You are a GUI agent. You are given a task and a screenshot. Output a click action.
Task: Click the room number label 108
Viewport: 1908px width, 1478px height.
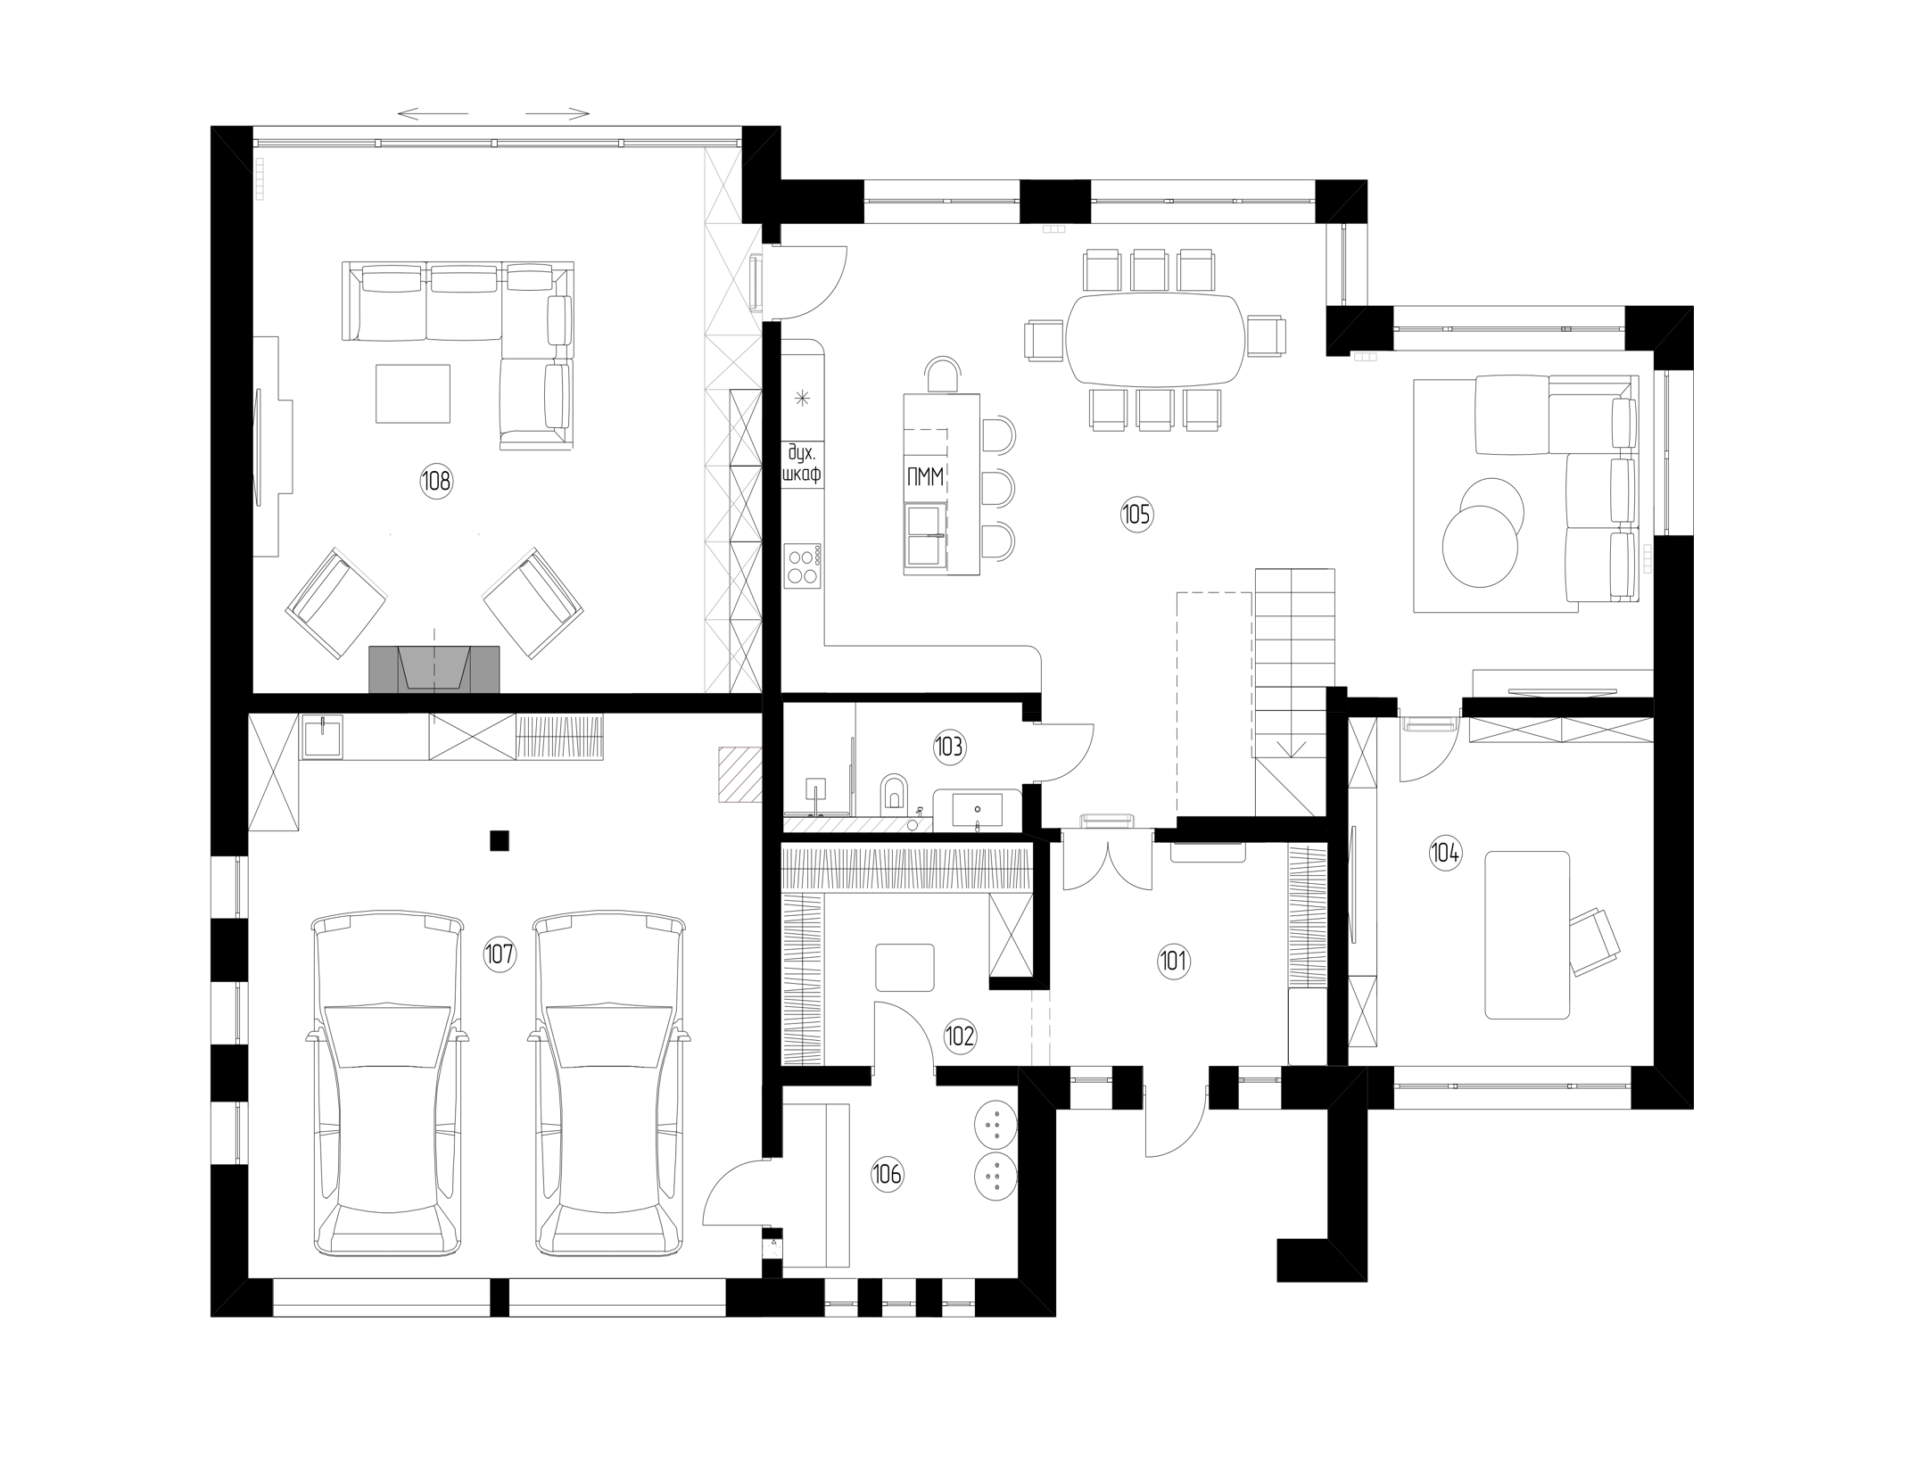[436, 482]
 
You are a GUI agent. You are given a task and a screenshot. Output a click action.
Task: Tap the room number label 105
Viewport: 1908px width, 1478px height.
[1136, 515]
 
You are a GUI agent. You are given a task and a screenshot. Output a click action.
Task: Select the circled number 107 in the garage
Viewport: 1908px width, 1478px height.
[500, 954]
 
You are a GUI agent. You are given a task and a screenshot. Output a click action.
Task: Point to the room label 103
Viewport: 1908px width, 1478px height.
[949, 746]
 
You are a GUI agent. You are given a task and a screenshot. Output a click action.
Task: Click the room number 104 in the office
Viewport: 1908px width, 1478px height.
[1445, 853]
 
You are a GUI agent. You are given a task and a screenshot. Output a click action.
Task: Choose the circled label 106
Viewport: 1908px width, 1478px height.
[888, 1175]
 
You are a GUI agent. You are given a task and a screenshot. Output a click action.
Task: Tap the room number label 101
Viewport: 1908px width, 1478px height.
[1174, 961]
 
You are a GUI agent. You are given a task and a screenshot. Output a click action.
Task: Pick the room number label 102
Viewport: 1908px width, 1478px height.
[960, 1036]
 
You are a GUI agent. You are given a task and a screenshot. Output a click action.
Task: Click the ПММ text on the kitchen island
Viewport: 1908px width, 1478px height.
[925, 477]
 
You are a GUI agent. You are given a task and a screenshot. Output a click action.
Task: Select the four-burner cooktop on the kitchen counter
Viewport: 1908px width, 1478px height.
[802, 566]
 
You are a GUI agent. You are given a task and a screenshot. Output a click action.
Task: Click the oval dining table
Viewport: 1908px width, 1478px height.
[1155, 339]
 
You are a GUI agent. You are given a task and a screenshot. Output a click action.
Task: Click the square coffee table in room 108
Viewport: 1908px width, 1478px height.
[413, 393]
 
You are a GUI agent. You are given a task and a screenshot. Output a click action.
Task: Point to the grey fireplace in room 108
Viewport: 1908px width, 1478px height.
[434, 669]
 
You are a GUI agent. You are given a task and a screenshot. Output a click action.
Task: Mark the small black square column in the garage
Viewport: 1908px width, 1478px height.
[500, 840]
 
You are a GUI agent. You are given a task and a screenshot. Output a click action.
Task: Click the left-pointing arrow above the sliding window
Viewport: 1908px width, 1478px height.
[433, 114]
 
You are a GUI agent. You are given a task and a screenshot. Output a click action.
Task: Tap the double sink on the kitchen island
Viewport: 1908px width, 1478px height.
[925, 535]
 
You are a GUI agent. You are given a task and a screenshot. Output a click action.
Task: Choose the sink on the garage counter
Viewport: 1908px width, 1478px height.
[320, 738]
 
